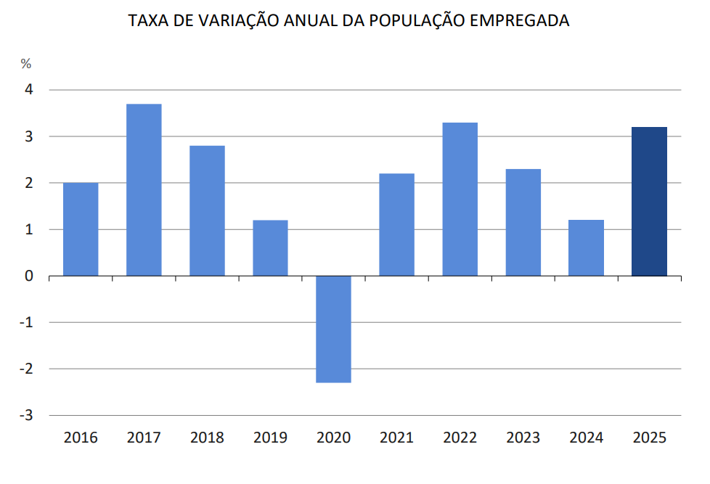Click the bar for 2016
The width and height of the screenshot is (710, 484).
click(x=81, y=229)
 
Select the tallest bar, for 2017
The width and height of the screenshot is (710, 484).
click(x=144, y=190)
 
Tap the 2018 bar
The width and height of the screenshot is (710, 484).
click(x=207, y=210)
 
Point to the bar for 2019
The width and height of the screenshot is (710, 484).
click(x=270, y=248)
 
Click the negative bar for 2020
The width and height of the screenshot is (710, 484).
click(x=334, y=329)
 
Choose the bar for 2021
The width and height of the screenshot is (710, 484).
click(x=397, y=225)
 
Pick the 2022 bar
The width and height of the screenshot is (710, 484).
click(x=460, y=200)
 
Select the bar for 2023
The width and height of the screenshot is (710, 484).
click(x=523, y=223)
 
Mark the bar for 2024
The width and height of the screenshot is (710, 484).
click(x=587, y=248)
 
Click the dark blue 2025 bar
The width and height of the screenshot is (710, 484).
click(x=650, y=202)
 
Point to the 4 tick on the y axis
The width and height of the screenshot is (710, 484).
click(x=30, y=90)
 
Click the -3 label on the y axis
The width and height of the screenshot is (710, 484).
click(x=27, y=415)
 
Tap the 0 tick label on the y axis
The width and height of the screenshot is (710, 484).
click(x=30, y=276)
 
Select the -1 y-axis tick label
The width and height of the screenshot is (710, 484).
click(x=27, y=322)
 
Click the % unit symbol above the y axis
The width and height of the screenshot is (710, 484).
click(x=26, y=64)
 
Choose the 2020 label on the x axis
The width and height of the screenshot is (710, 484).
click(x=334, y=438)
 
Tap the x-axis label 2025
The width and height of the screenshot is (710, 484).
click(x=650, y=438)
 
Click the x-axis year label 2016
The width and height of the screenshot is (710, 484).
click(x=81, y=438)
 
